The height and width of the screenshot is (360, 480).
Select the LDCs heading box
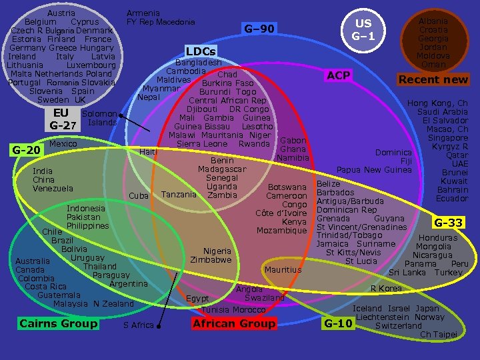tap(201, 51)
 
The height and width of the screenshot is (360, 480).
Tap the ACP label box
tap(339, 75)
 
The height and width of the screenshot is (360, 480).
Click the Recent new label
tap(433, 79)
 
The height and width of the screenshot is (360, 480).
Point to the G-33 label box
tap(449, 222)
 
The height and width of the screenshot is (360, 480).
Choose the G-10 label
tap(337, 324)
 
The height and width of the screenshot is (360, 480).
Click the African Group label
tap(233, 323)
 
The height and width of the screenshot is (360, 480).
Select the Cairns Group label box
tap(59, 323)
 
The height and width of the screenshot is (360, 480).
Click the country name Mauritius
tap(283, 270)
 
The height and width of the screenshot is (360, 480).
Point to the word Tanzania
tap(179, 195)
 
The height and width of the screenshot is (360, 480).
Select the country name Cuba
tap(137, 195)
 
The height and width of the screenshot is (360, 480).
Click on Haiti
tap(148, 151)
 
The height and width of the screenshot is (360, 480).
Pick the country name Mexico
tap(63, 144)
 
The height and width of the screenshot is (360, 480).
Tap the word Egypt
tap(198, 298)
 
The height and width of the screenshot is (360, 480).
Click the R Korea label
tap(386, 289)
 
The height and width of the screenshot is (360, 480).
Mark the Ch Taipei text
tap(438, 334)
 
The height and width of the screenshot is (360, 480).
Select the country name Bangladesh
tap(198, 63)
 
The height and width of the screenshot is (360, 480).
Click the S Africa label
tap(138, 325)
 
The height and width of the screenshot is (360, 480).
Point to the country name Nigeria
tap(217, 251)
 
